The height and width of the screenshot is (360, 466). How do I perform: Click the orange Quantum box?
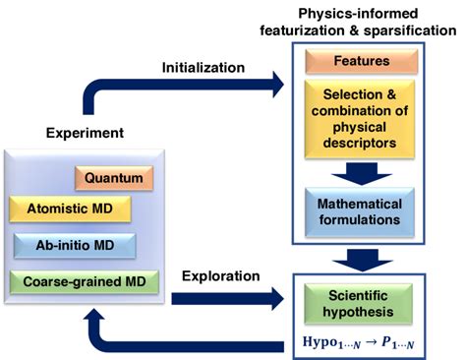pyautogui.click(x=114, y=178)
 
